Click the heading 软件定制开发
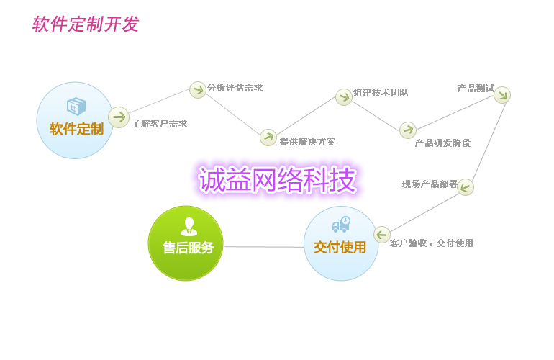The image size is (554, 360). pos(85,24)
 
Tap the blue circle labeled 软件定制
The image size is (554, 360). pos(75,120)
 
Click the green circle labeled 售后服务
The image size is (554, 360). pos(186,243)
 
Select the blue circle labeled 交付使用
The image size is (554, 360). pos(341,243)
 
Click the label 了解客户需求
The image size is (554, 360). pos(159,124)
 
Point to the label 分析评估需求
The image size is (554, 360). pos(235,88)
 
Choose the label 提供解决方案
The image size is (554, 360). pos(307,142)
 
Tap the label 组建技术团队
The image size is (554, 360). pos(381,93)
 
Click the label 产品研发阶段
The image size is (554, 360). pos(442,143)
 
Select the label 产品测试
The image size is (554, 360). pos(476,89)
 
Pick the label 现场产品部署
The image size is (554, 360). pos(430,184)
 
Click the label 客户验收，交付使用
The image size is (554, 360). pos(432,243)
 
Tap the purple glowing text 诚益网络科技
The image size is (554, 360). pos(278,180)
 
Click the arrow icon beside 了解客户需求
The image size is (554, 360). pos(119,117)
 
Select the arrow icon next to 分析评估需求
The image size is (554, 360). pos(198,90)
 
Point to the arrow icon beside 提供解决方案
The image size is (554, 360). pos(268,138)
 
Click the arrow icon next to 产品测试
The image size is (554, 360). pos(502,95)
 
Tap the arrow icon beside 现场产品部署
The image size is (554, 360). pos(466,187)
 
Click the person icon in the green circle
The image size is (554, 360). pos(189,226)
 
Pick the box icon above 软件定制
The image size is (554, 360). pos(76,107)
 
